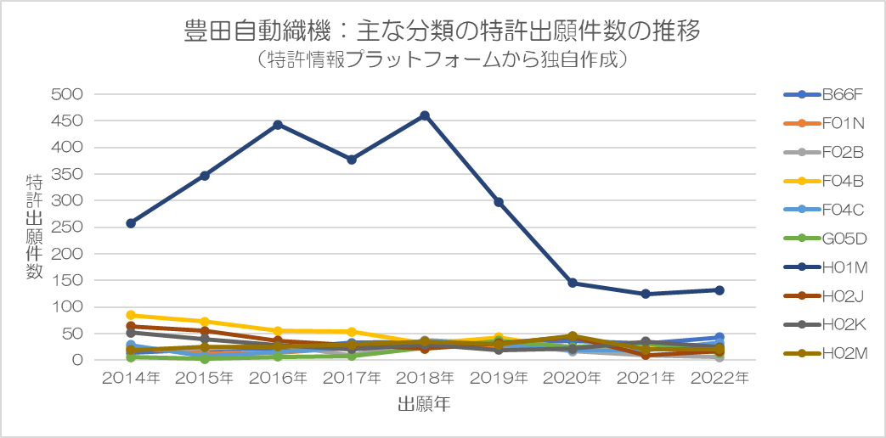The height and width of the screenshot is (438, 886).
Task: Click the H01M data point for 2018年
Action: click(425, 115)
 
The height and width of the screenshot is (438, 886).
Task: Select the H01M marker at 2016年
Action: click(278, 125)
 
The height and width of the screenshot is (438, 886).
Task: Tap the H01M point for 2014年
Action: click(131, 223)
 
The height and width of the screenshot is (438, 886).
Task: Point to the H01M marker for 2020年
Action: click(572, 283)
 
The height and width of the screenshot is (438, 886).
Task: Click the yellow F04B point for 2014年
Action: click(131, 315)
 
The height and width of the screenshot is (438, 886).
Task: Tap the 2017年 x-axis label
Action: click(351, 378)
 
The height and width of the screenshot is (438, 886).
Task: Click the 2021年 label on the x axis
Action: click(645, 378)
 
